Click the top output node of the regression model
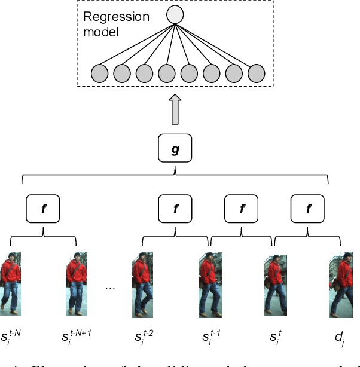click(x=175, y=14)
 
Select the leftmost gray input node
click(x=99, y=74)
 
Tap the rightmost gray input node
click(x=256, y=74)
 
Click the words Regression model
click(x=115, y=24)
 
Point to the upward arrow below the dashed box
click(x=175, y=109)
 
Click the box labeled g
click(x=175, y=149)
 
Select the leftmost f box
click(x=44, y=209)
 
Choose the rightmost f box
click(x=308, y=209)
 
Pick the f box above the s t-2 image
click(x=175, y=209)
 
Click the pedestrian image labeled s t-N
click(x=11, y=283)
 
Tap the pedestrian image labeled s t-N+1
click(x=76, y=283)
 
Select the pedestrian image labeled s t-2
click(x=142, y=285)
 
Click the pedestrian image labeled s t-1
click(x=209, y=285)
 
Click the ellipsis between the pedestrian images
click(x=109, y=287)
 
